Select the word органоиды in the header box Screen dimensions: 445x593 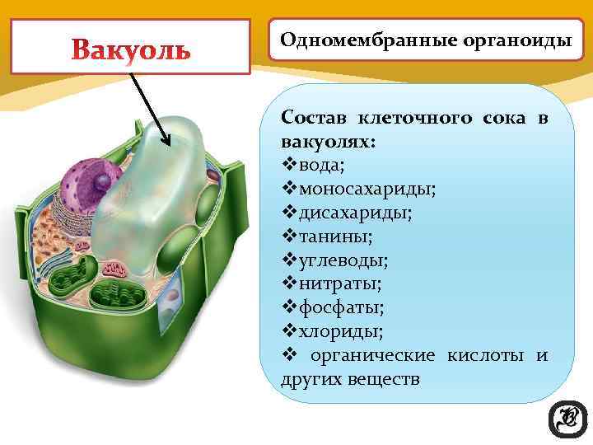[497, 39]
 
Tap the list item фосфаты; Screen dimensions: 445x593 [342, 308]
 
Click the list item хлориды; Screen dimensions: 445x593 [341, 332]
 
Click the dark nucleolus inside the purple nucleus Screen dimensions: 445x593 [104, 180]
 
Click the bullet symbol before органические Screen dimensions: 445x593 [288, 356]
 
